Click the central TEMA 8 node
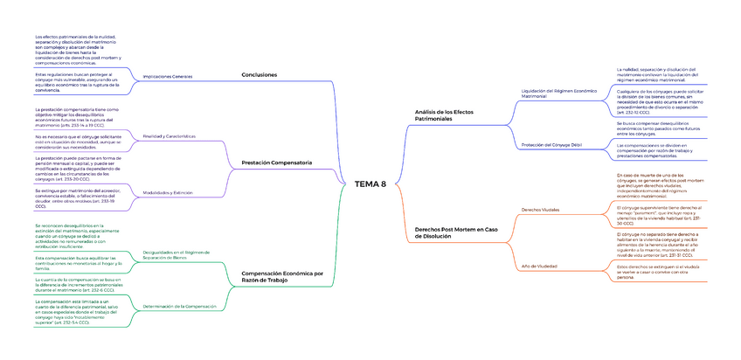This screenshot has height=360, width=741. [370, 183]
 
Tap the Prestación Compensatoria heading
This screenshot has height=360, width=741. [276, 163]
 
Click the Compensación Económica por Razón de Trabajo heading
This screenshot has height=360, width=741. [281, 277]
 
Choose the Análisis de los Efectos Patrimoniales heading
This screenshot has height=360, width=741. [446, 115]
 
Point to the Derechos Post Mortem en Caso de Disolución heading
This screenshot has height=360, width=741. [455, 233]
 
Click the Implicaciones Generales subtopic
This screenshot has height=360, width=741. [167, 77]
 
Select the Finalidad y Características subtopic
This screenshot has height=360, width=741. [169, 135]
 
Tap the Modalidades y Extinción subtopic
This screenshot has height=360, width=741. [169, 191]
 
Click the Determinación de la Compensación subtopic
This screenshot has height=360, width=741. [178, 306]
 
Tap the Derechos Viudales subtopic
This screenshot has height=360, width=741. [541, 211]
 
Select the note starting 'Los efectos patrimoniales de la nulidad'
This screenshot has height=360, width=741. [74, 50]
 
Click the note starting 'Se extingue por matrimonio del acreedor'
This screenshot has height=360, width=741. [75, 197]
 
